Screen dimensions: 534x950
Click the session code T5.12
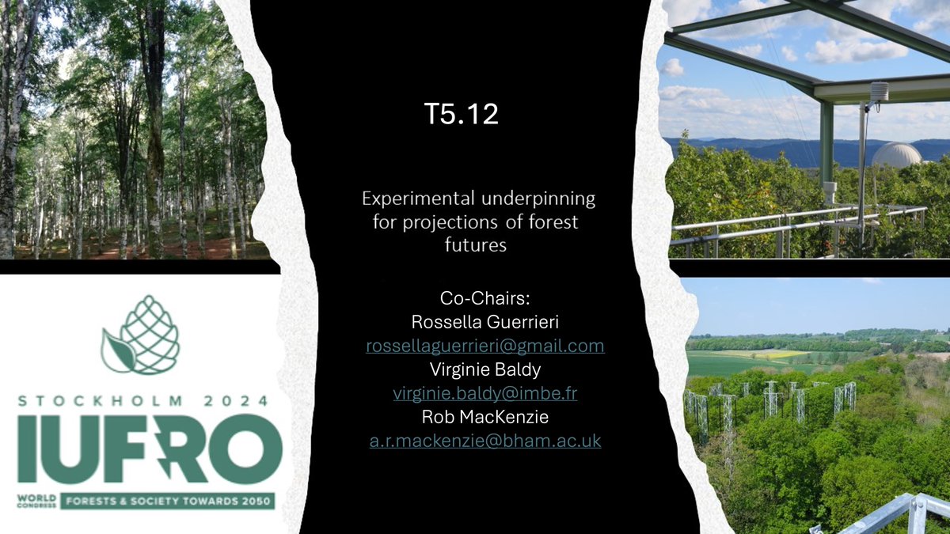click(461, 115)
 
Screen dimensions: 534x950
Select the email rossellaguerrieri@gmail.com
click(484, 346)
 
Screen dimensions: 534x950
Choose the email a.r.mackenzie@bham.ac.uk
click(484, 441)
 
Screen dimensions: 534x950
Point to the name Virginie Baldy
click(484, 370)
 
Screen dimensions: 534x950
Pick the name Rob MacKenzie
click(484, 417)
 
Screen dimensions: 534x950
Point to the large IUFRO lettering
click(150, 449)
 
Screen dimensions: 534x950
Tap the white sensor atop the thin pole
click(879, 92)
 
